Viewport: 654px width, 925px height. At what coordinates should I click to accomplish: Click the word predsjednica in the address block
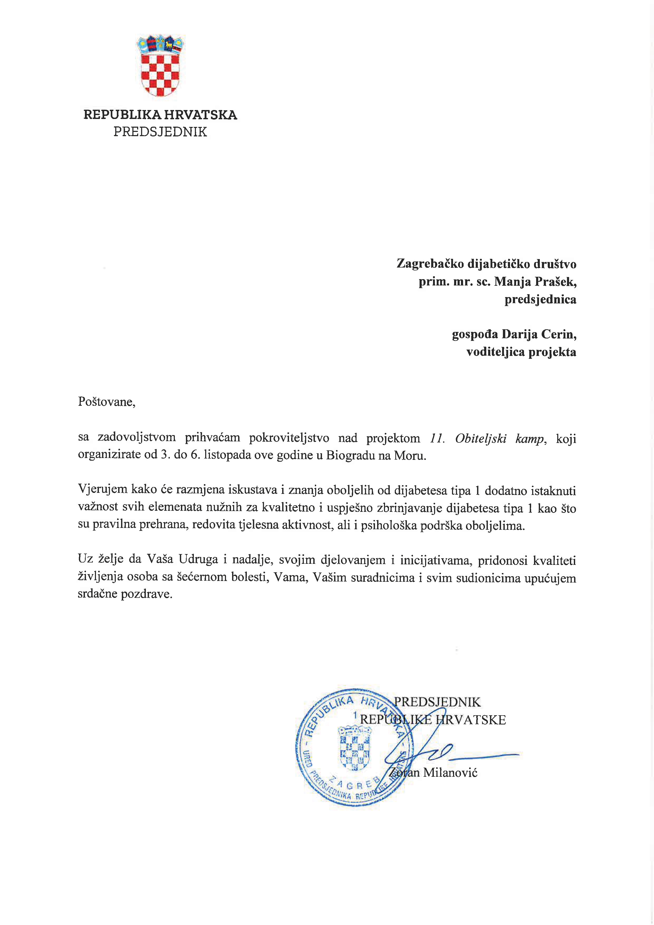[540, 299]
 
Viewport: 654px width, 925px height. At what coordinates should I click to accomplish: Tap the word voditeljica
[495, 352]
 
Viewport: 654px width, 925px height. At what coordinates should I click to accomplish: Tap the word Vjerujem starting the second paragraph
[103, 490]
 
